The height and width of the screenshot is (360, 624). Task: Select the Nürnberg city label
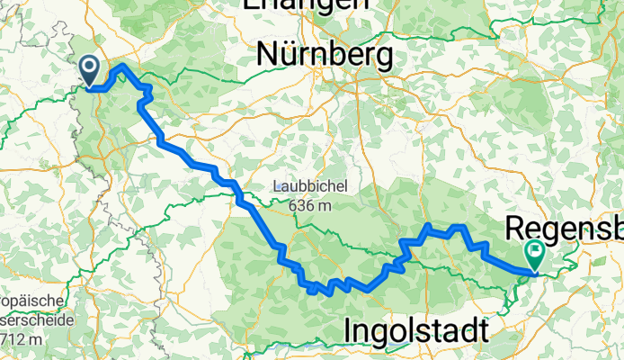(x=324, y=56)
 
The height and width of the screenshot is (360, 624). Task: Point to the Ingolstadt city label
(x=416, y=331)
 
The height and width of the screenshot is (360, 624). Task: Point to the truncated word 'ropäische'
(x=31, y=301)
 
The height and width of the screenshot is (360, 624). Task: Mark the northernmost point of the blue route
(x=122, y=65)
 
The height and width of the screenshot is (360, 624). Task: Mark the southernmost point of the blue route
(x=312, y=292)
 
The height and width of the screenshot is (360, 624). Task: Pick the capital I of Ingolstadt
(x=348, y=331)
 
